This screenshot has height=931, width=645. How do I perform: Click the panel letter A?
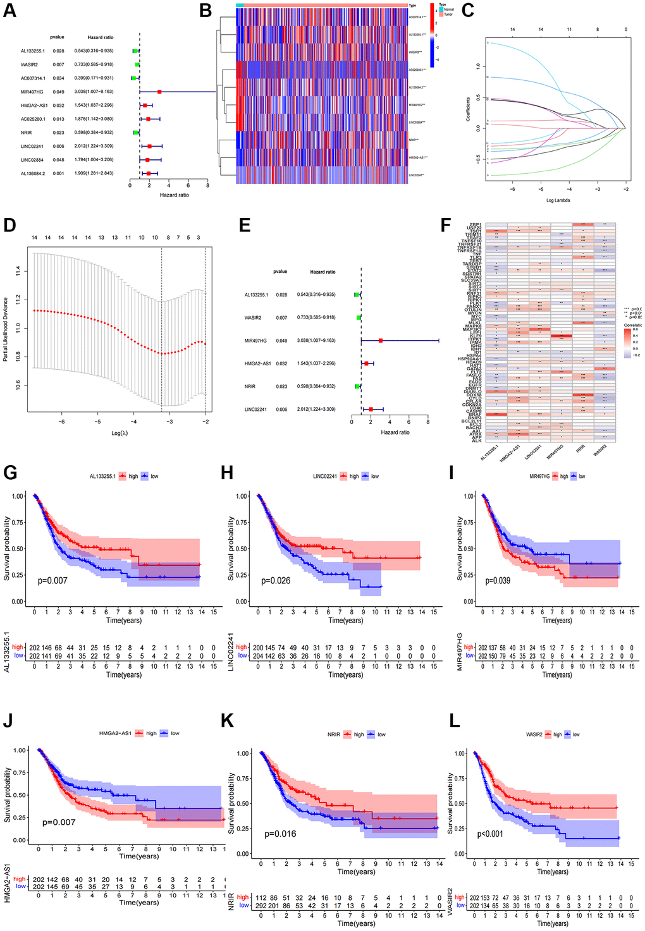(x=9, y=11)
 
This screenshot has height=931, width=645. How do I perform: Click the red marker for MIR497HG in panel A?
(x=159, y=92)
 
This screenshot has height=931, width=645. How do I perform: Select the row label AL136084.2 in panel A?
(x=33, y=173)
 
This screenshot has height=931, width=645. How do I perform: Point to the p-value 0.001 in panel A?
(x=58, y=173)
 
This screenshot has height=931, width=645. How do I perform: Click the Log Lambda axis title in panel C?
(x=558, y=200)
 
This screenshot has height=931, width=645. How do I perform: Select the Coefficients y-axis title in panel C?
(x=468, y=109)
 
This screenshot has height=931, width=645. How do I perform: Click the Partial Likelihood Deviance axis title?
(x=6, y=329)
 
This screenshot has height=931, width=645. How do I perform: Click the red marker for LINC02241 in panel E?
(x=371, y=410)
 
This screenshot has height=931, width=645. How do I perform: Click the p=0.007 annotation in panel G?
(x=52, y=580)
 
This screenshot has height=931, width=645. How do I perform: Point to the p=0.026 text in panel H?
(x=276, y=580)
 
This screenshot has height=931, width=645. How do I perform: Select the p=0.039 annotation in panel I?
(x=498, y=580)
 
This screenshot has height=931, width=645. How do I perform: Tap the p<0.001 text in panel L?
(x=490, y=834)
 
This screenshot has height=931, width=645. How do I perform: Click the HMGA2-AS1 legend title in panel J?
(x=115, y=733)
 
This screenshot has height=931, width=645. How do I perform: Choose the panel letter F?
(x=446, y=226)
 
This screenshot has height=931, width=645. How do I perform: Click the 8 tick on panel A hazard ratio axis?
(x=207, y=185)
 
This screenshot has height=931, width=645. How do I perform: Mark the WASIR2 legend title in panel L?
(x=534, y=734)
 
